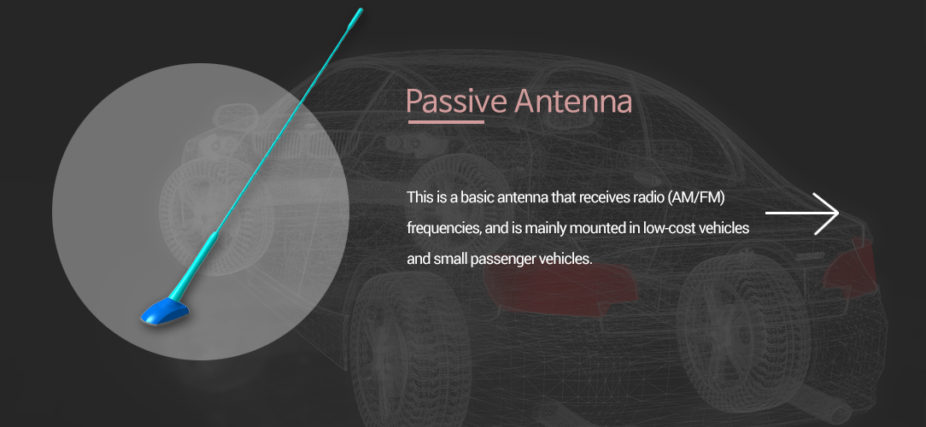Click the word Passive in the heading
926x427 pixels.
pyautogui.click(x=456, y=102)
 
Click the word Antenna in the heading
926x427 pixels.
pyautogui.click(x=573, y=101)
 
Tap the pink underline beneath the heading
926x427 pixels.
pyautogui.click(x=446, y=122)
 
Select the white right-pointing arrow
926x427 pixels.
pyautogui.click(x=802, y=213)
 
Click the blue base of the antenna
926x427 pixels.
pyautogui.click(x=166, y=311)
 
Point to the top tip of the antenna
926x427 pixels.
pyautogui.click(x=360, y=10)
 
